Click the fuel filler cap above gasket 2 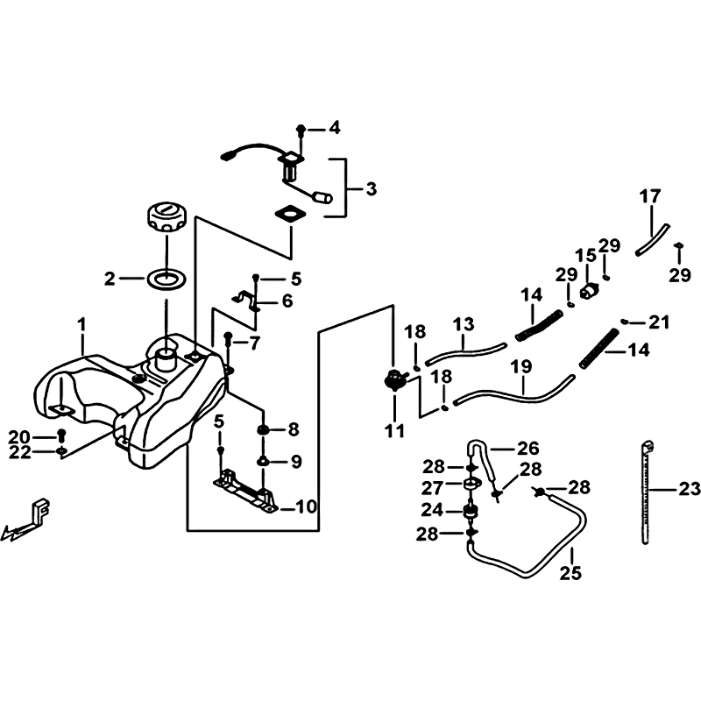166,217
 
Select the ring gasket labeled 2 166,280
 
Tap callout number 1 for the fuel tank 81,325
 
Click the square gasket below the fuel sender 291,214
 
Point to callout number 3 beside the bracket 371,189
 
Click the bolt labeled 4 301,131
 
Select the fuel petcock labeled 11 394,381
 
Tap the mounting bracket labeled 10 246,492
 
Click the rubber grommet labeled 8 262,430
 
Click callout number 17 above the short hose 649,196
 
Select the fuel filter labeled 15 590,291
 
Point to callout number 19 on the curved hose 520,366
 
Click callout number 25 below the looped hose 571,573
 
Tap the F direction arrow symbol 26,520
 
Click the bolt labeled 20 61,435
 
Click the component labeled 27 471,485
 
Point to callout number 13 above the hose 464,324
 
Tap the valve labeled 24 471,512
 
